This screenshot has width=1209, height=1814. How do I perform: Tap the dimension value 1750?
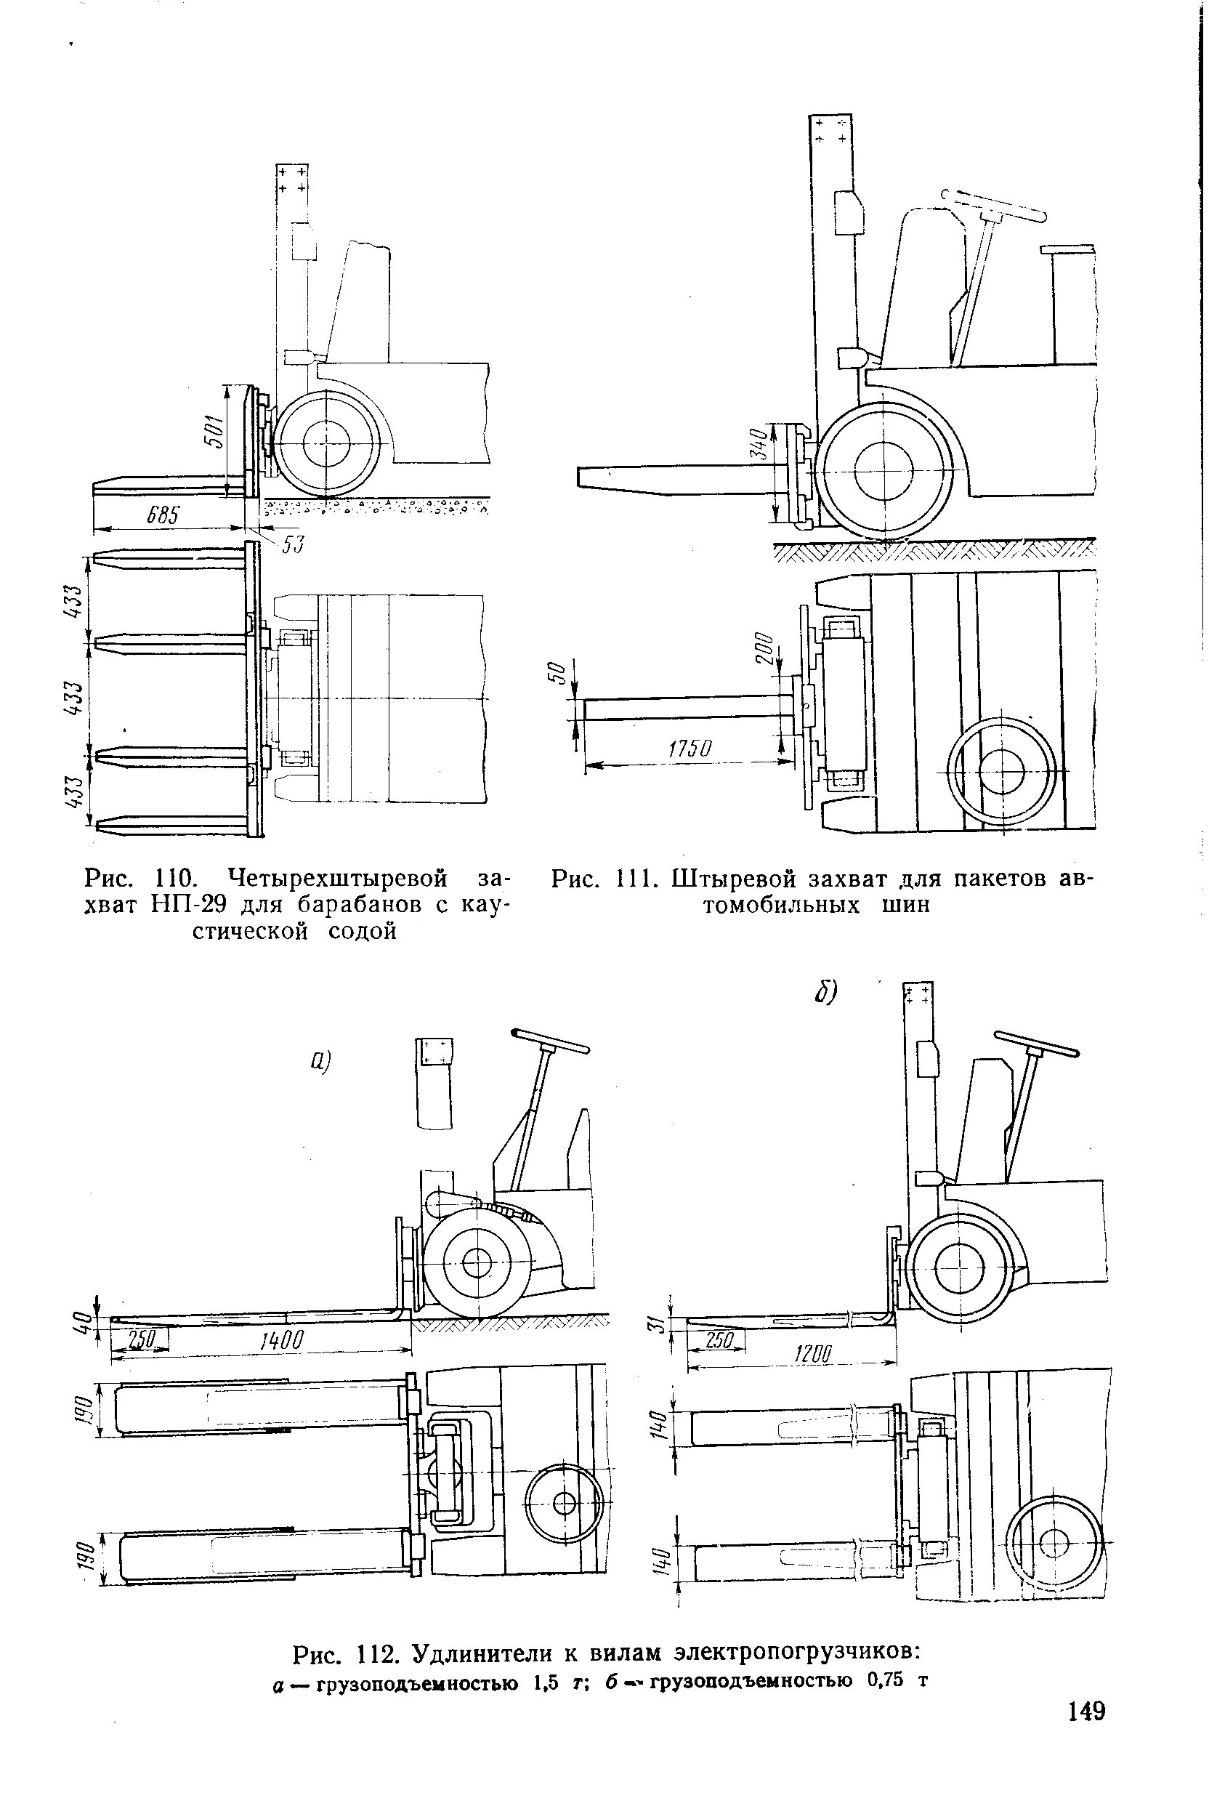(690, 749)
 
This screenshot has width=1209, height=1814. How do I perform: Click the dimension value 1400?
(280, 1340)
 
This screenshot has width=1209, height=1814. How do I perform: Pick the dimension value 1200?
(811, 1353)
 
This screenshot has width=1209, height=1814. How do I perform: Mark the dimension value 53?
(293, 545)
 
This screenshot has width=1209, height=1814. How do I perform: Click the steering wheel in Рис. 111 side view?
(995, 206)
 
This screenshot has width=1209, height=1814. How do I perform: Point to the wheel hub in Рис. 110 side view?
(325, 443)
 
